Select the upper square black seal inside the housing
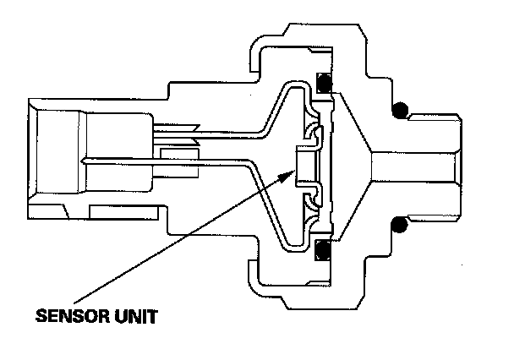pyautogui.click(x=322, y=84)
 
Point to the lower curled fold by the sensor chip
pyautogui.click(x=314, y=199)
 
